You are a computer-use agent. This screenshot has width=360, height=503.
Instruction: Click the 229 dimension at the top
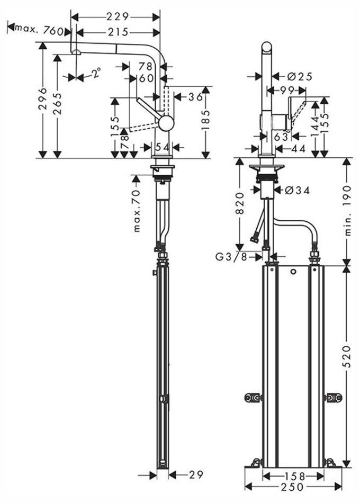click(x=118, y=16)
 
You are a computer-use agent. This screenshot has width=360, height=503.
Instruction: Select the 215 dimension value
click(x=118, y=32)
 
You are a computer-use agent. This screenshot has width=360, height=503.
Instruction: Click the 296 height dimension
click(x=43, y=98)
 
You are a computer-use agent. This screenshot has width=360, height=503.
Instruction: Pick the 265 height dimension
click(x=58, y=104)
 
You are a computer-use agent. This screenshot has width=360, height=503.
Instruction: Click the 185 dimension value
click(x=206, y=120)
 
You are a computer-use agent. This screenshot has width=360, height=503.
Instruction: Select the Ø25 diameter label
click(x=300, y=77)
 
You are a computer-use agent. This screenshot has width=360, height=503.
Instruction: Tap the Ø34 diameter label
click(x=298, y=191)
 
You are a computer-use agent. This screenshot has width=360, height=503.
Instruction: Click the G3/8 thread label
click(x=231, y=257)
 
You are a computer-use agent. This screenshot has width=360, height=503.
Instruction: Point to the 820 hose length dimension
click(x=240, y=203)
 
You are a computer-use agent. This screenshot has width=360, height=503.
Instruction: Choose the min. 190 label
click(x=348, y=211)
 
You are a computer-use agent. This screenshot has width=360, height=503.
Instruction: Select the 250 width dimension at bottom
click(x=292, y=487)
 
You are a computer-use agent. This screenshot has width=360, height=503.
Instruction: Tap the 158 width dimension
click(x=294, y=477)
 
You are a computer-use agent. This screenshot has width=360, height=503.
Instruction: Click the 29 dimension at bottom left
click(x=196, y=474)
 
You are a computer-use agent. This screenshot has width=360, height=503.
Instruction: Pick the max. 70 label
click(x=137, y=211)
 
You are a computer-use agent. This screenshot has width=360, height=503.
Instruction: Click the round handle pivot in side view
click(x=166, y=123)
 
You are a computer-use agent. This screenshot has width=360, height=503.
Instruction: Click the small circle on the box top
click(x=293, y=272)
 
